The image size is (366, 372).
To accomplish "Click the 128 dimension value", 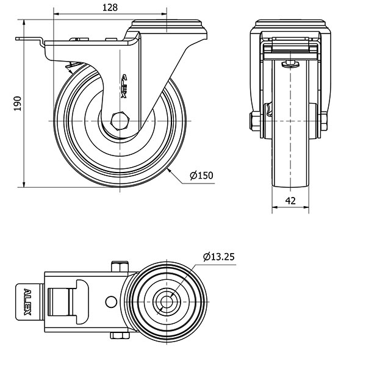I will [109, 7].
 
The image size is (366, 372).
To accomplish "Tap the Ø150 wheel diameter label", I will [202, 176].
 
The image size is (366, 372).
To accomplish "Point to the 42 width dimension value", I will [290, 200].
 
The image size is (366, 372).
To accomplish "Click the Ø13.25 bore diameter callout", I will [219, 256].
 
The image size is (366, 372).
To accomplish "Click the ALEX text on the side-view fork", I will [124, 85].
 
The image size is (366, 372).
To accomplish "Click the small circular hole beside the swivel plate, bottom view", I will [110, 301].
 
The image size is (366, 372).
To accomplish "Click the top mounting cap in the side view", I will [165, 27].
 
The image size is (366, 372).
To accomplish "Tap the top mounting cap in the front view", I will [291, 27].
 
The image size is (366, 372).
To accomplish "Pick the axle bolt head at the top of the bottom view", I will [119, 266].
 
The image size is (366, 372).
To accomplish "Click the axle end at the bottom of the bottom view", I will [119, 335].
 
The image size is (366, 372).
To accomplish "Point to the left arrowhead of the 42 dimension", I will [273, 207].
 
